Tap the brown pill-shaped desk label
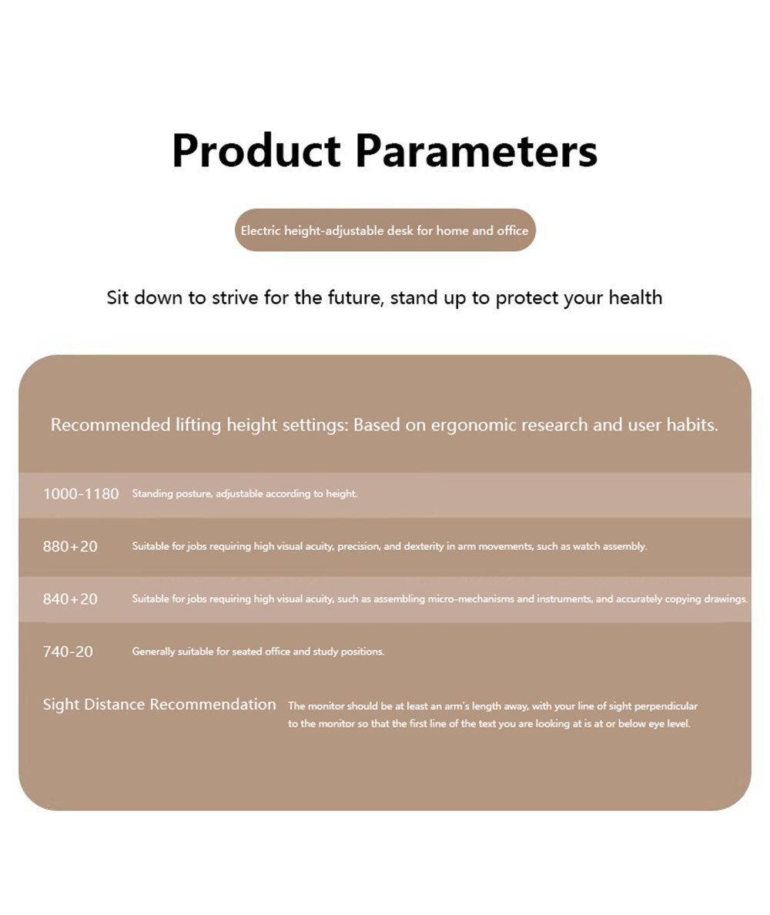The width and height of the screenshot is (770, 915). coord(385,230)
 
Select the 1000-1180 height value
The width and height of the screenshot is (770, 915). coord(81,494)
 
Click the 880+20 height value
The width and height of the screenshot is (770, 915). coord(70,547)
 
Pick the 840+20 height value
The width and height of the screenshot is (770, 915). coord(70,599)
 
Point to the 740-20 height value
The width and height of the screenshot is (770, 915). coord(68,652)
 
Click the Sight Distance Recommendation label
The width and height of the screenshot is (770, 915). coord(159,705)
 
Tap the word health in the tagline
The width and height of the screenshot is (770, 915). coord(635,297)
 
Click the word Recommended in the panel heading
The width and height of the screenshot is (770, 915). coord(110,424)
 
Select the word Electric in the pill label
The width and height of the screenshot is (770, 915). coord(260,230)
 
